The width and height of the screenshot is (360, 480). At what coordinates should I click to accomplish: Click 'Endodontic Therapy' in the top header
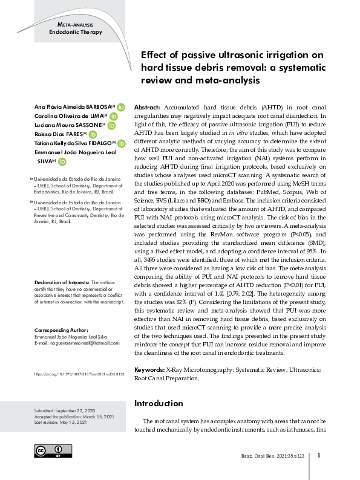click(76, 32)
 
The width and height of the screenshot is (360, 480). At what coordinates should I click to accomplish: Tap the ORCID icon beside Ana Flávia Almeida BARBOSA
click(121, 106)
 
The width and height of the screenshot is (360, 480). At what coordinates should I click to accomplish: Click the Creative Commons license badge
click(53, 450)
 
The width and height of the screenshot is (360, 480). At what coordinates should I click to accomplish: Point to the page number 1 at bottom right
click(318, 456)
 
